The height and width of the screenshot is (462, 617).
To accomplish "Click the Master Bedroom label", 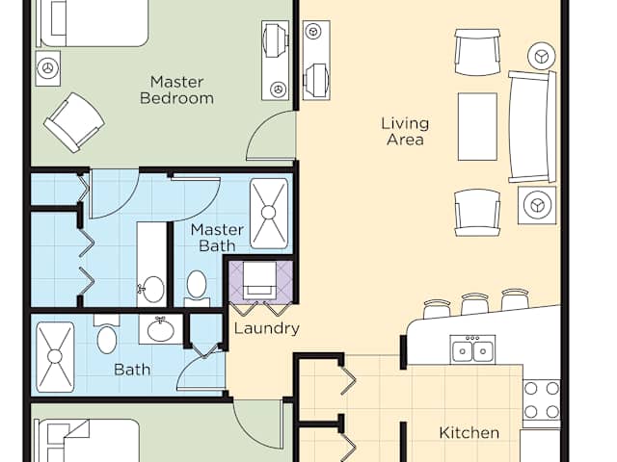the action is pyautogui.click(x=176, y=90).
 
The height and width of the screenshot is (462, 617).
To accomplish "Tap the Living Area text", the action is pyautogui.click(x=405, y=131).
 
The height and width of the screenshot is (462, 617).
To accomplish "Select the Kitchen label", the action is pyautogui.click(x=469, y=432).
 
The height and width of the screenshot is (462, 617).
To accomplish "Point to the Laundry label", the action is pyautogui.click(x=266, y=328).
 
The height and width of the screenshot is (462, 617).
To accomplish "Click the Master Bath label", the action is pyautogui.click(x=217, y=238).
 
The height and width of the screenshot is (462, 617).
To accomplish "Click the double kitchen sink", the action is pyautogui.click(x=472, y=348).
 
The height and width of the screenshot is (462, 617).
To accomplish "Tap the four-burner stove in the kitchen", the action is pyautogui.click(x=542, y=400).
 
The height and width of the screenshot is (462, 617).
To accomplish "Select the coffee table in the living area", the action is pyautogui.click(x=477, y=126).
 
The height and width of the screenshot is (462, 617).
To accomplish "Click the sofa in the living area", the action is pyautogui.click(x=532, y=126).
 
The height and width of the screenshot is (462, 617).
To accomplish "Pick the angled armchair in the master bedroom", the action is pyautogui.click(x=74, y=122).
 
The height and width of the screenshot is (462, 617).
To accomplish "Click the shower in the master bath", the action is pyautogui.click(x=269, y=214).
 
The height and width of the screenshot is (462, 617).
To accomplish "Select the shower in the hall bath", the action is pyautogui.click(x=55, y=357).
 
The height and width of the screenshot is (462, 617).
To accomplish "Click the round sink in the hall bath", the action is pyautogui.click(x=161, y=329).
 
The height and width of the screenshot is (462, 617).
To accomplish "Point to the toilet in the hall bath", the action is pyautogui.click(x=106, y=334).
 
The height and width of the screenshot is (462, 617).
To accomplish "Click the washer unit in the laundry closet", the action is pyautogui.click(x=259, y=280).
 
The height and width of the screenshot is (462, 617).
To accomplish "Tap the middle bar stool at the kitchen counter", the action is pyautogui.click(x=474, y=303).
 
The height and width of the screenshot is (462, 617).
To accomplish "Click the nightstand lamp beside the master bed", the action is pyautogui.click(x=48, y=68).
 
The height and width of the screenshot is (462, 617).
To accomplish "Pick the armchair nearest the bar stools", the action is pyautogui.click(x=477, y=213).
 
